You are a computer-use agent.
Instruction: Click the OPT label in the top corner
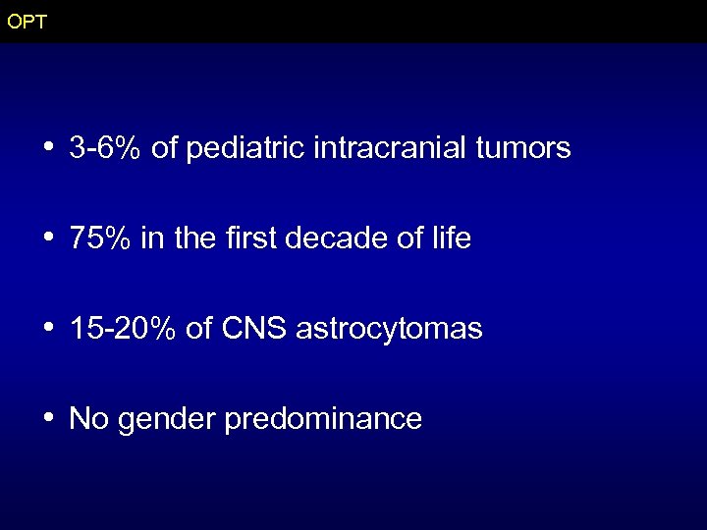coord(26,22)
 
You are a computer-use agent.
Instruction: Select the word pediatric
coord(245,149)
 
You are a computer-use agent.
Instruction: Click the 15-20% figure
coord(123,330)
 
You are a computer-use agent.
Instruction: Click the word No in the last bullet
coord(88,420)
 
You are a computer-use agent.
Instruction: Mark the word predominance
coord(323,420)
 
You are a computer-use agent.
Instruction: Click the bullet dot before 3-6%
coord(48,148)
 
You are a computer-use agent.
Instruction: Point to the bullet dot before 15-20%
coord(48,329)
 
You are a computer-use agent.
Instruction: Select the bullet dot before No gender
coord(48,419)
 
